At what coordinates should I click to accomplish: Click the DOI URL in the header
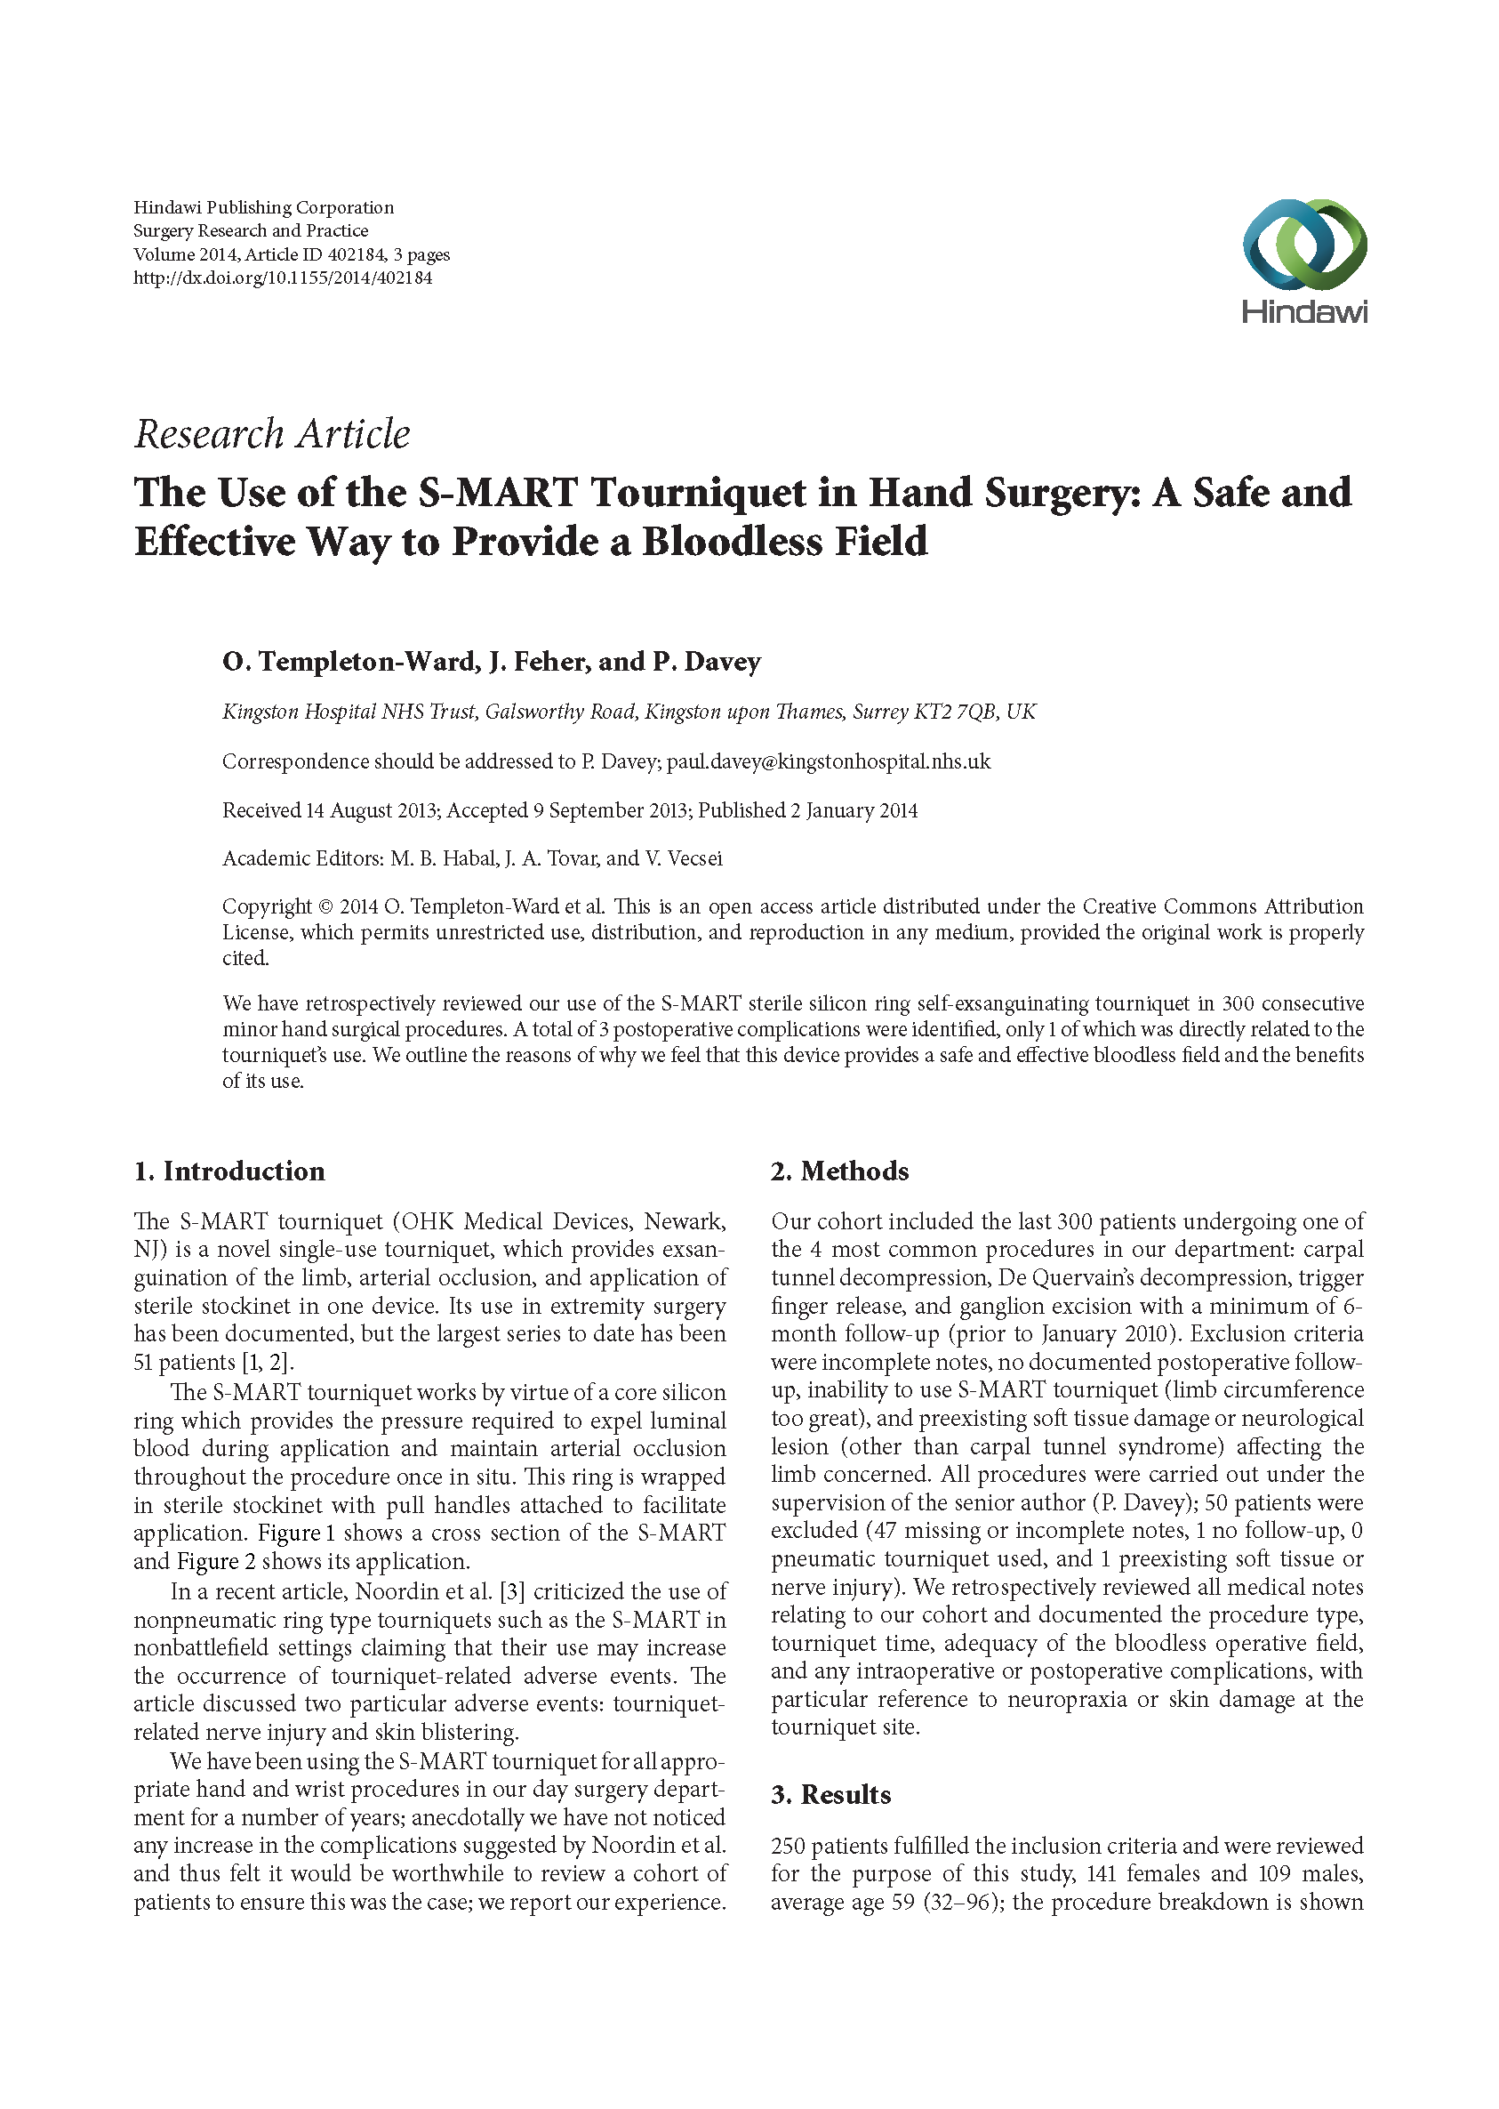point(283,278)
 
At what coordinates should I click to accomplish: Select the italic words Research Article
point(272,434)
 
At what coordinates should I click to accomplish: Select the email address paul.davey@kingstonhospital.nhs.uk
point(829,761)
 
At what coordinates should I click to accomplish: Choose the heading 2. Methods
point(840,1171)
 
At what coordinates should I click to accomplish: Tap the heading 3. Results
point(830,1794)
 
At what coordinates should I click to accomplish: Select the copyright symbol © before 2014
point(325,906)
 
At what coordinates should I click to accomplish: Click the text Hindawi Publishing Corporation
point(263,207)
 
